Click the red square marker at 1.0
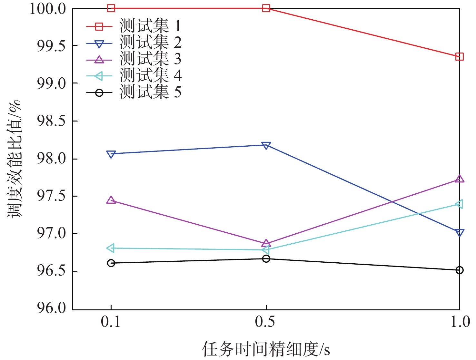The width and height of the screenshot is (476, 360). (459, 57)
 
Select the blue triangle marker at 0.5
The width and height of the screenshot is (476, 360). (266, 145)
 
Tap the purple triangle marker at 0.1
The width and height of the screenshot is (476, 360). (111, 200)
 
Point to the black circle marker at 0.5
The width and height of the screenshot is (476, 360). (266, 258)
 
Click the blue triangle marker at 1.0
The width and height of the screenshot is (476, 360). (459, 232)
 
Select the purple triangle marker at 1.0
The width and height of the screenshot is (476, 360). (459, 179)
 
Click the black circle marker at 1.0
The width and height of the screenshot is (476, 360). (459, 270)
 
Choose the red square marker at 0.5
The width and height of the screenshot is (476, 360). (266, 8)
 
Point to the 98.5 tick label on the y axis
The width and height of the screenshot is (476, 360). (51, 121)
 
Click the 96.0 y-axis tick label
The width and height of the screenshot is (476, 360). (51, 308)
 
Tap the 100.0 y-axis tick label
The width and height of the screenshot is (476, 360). (48, 9)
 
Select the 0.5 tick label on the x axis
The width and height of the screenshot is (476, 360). (265, 322)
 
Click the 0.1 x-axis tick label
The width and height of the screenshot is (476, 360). (111, 322)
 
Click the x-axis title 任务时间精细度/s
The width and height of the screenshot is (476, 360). (266, 349)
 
